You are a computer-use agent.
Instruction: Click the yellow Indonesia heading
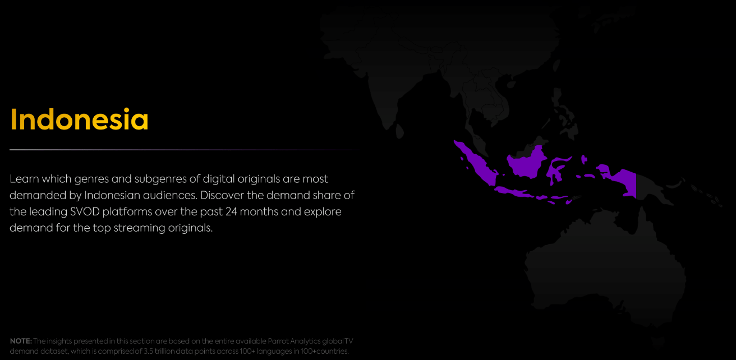click(x=79, y=119)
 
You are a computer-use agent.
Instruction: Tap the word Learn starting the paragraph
click(x=24, y=179)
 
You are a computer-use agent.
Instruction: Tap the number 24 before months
click(x=231, y=212)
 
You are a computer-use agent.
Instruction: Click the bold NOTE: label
click(x=21, y=341)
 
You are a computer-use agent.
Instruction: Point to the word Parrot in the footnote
click(x=278, y=341)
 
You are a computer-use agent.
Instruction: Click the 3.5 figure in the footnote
click(x=148, y=351)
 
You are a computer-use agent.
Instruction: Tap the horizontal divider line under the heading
click(x=184, y=150)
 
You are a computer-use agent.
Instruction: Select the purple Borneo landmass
click(x=526, y=163)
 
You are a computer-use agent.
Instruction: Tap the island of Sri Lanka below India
click(x=399, y=131)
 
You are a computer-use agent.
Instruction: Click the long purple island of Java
click(x=514, y=192)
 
